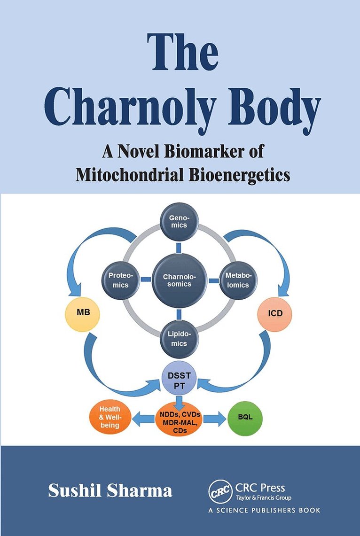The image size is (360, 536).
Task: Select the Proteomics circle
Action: click(118, 280)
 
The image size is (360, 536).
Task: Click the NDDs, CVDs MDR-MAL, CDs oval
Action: click(178, 417)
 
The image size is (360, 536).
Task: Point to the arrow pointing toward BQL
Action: click(216, 417)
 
